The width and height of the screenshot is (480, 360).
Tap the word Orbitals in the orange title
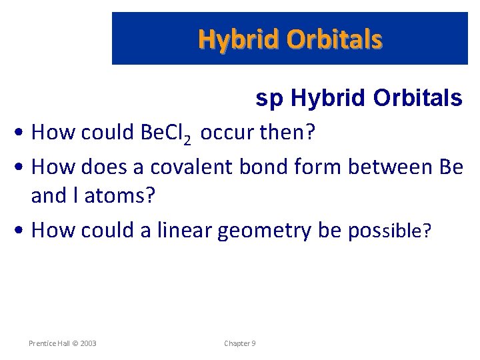point(335,40)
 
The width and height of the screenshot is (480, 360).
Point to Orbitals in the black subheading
point(417,98)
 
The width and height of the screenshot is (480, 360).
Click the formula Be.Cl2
point(165,133)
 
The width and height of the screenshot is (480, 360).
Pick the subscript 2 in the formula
point(188,139)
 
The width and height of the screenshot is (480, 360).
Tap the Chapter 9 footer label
point(239,343)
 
